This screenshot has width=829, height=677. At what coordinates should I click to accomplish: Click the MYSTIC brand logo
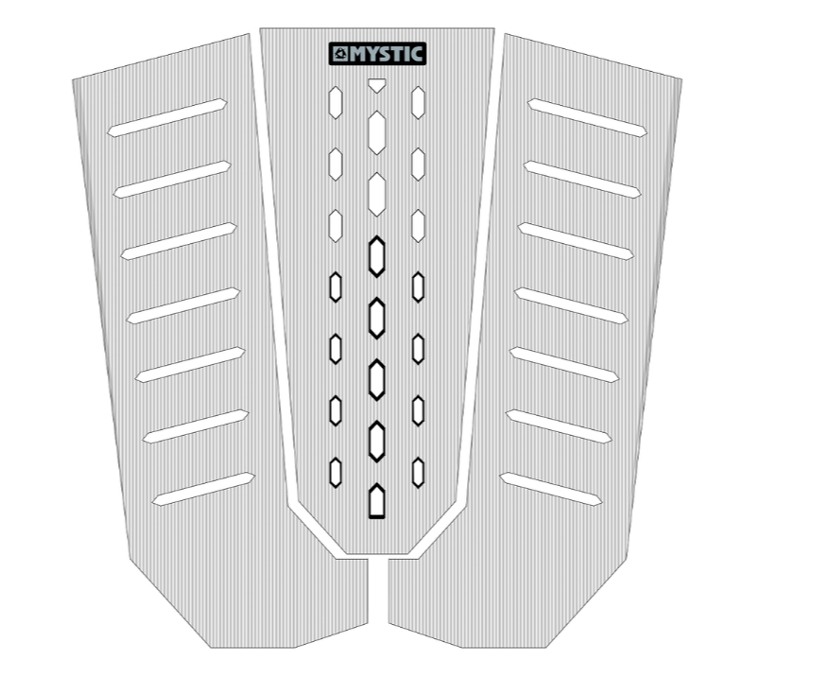click(377, 54)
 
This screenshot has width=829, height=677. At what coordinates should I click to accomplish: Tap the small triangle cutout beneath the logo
click(376, 85)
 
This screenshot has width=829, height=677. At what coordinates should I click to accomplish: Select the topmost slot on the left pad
click(166, 118)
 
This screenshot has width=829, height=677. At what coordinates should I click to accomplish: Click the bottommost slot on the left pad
click(203, 489)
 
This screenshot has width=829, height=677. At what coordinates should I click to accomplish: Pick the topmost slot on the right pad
click(587, 118)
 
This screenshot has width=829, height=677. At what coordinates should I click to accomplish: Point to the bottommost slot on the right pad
click(551, 489)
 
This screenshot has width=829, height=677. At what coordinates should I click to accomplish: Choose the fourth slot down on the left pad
click(183, 305)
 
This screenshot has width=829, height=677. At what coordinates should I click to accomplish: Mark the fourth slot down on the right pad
click(571, 305)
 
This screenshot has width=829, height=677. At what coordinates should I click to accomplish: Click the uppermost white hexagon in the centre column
click(376, 132)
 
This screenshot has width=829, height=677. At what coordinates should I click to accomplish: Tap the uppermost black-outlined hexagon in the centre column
click(376, 256)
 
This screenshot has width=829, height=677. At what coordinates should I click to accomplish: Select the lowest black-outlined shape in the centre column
click(376, 501)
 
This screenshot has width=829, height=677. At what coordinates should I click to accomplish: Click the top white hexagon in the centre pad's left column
click(336, 102)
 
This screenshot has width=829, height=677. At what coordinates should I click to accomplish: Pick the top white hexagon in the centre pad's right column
click(418, 102)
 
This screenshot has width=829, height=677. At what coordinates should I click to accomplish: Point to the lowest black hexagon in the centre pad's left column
click(336, 473)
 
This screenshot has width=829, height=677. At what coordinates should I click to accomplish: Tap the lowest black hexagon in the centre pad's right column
click(418, 473)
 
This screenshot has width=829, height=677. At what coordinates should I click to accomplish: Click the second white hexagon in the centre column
click(376, 194)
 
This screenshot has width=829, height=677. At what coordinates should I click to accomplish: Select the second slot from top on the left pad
click(172, 180)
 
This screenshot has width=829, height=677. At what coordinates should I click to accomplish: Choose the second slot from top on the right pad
click(582, 180)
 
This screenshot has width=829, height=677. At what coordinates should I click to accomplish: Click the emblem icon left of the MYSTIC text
click(340, 54)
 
